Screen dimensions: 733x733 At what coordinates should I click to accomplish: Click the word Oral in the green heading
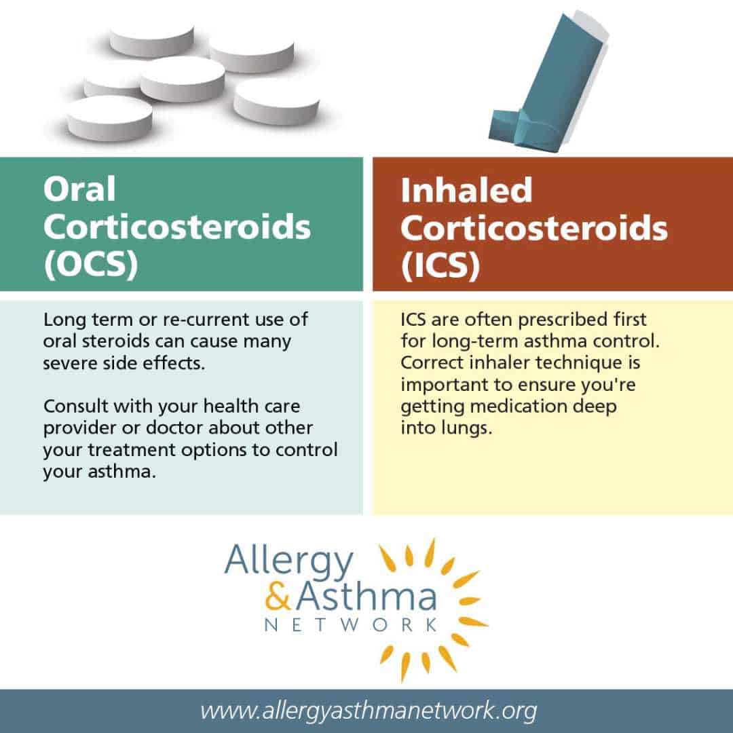79,189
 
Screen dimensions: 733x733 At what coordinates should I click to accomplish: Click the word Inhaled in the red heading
466,191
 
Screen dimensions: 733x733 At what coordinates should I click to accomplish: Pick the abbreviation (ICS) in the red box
440,265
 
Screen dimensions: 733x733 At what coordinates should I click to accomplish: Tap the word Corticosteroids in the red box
534,229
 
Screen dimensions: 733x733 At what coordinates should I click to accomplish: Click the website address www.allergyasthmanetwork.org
368,711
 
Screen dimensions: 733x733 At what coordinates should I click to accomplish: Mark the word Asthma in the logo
366,599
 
